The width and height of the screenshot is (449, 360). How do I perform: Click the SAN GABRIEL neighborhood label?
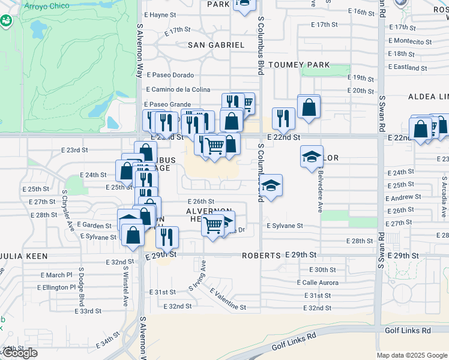(216, 45)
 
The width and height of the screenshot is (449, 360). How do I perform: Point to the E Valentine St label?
(228, 298)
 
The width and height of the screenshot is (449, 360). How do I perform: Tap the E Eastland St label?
(408, 68)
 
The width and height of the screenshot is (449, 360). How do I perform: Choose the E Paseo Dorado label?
(170, 75)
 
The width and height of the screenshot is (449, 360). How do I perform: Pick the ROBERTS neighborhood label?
(261, 255)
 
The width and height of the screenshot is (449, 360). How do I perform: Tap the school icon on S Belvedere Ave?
(312, 157)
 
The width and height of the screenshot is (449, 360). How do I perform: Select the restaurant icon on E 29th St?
(167, 236)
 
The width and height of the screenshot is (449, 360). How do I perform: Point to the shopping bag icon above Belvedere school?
(309, 107)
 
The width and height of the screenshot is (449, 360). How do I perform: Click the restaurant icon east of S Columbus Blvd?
(283, 118)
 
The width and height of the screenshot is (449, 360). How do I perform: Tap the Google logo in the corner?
(20, 353)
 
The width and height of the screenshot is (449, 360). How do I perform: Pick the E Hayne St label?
(159, 15)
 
